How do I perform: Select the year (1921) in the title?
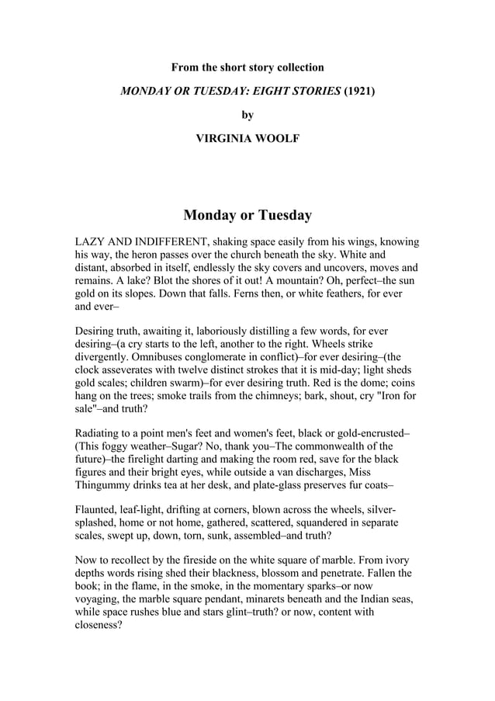click(358, 92)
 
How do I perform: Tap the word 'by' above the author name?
click(247, 115)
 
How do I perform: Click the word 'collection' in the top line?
click(296, 68)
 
